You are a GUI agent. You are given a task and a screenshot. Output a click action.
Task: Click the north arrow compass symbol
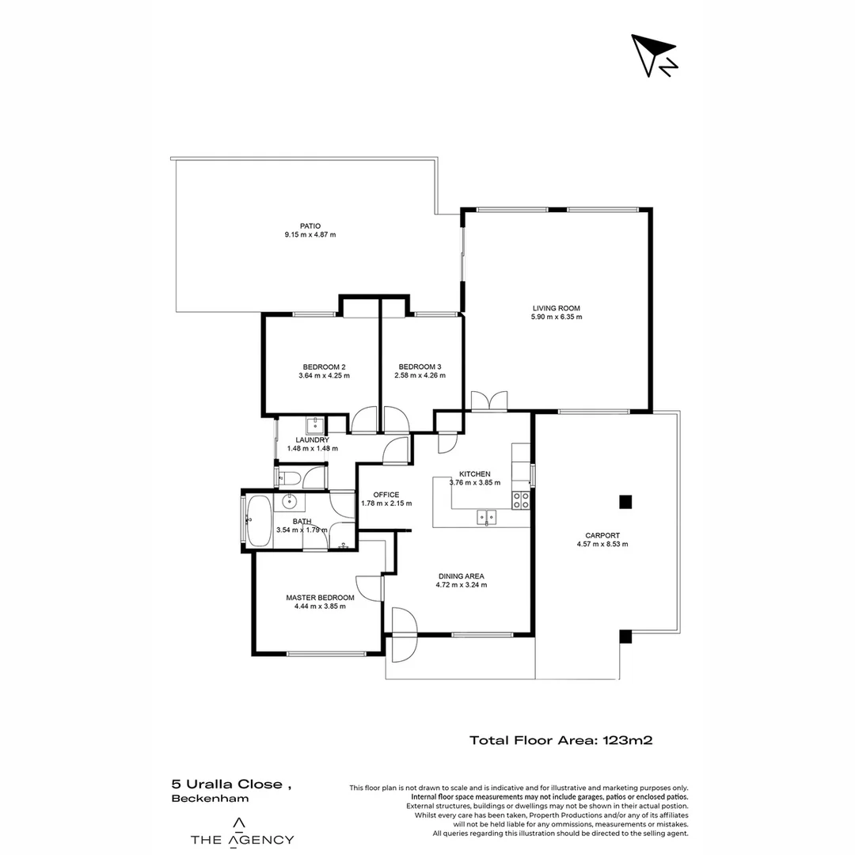click(x=654, y=56)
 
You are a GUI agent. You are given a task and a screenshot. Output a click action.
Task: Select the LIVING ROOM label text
click(x=556, y=308)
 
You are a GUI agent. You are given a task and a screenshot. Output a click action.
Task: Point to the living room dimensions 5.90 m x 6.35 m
click(x=556, y=317)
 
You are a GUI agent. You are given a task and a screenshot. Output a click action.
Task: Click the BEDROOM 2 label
click(x=324, y=367)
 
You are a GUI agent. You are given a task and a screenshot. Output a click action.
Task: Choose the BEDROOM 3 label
click(x=420, y=367)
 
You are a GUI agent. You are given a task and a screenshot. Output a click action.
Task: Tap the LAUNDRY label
click(x=312, y=439)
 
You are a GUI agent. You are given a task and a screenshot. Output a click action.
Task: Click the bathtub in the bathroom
click(x=260, y=520)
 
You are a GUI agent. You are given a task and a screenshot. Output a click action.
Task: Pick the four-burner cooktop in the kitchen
click(x=521, y=500)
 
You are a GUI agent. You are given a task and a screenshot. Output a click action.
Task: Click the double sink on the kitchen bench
click(x=486, y=518)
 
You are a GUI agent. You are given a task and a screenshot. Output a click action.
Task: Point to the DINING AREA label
click(x=461, y=576)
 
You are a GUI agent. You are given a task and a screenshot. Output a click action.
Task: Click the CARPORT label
click(x=602, y=535)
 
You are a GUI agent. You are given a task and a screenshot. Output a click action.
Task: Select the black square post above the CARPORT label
click(x=625, y=500)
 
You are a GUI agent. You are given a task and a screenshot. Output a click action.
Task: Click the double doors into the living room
click(x=488, y=401)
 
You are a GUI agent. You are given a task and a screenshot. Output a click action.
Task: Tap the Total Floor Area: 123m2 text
click(x=560, y=741)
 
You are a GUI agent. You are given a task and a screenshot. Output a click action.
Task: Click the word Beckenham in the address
click(x=210, y=799)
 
